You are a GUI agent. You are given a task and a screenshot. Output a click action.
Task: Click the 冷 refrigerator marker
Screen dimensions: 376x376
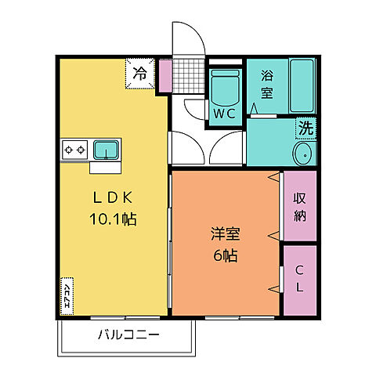[x=140, y=74]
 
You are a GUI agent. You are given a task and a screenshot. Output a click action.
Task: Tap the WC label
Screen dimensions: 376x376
[x=224, y=112]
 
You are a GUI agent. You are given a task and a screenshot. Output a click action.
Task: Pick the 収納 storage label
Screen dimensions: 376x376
[x=300, y=206]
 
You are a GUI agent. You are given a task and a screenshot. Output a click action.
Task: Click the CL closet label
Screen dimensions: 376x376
[x=300, y=280]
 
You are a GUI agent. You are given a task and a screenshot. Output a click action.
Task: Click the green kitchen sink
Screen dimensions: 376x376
[x=105, y=148]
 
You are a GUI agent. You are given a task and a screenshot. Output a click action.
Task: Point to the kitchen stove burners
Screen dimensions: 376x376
[x=75, y=148]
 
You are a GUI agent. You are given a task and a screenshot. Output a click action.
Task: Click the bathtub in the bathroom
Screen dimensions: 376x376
[x=302, y=86]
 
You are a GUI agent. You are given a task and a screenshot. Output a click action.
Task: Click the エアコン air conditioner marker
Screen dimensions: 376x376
[x=67, y=296]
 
